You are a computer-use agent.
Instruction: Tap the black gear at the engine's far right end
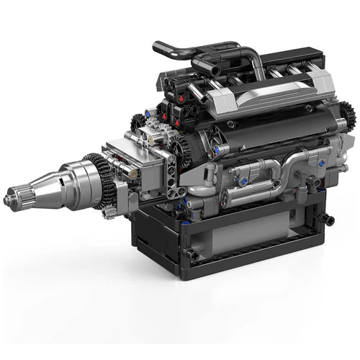[x=347, y=116]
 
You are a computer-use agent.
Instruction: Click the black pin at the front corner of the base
[x=192, y=254]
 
